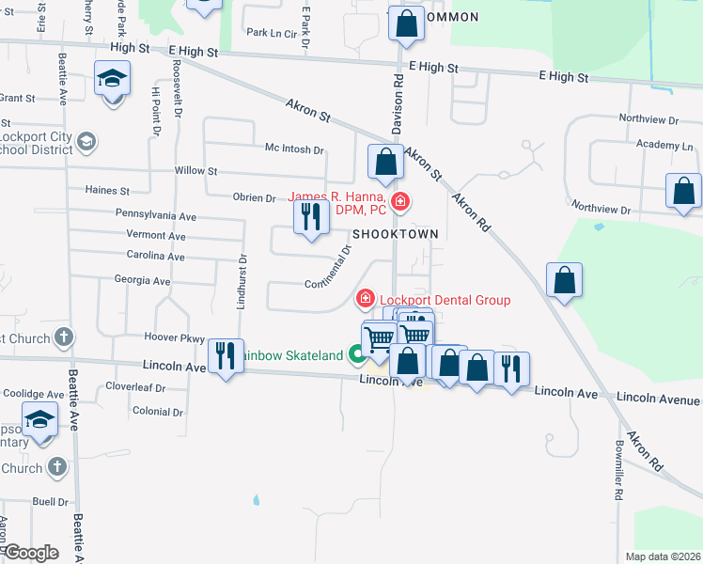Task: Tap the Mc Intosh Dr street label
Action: point(294,149)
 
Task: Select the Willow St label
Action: point(195,172)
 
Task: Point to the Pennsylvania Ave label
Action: point(156,215)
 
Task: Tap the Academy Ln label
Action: point(664,146)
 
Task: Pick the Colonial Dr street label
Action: point(158,412)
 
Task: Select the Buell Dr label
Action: point(51,502)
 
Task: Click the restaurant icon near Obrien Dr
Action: point(311,217)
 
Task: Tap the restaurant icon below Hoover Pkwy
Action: point(225,355)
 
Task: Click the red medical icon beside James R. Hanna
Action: point(401,200)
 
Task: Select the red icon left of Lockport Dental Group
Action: point(365,299)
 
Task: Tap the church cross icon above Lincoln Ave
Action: point(64,337)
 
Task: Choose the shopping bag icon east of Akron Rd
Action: point(564,280)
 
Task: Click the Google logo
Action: point(32,553)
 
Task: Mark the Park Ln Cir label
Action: point(271,32)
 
